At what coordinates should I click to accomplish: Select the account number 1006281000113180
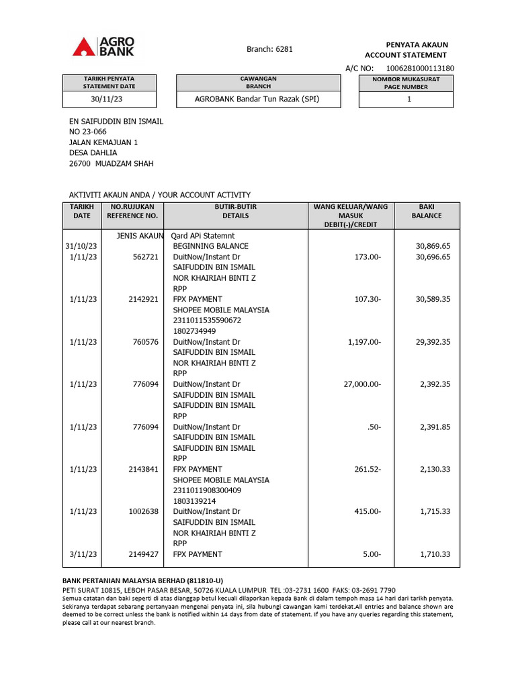click(x=420, y=69)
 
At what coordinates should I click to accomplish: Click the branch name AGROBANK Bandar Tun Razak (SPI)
click(x=257, y=99)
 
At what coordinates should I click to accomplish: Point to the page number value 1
click(x=409, y=99)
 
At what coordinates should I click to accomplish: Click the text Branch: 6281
click(x=270, y=49)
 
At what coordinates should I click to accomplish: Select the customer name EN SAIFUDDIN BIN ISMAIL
click(x=116, y=122)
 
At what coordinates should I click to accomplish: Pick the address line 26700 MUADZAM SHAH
click(x=111, y=163)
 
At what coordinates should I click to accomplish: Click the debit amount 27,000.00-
click(x=361, y=384)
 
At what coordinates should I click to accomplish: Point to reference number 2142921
click(x=143, y=299)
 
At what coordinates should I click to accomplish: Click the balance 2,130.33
click(x=435, y=469)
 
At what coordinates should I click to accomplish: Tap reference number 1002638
click(x=143, y=511)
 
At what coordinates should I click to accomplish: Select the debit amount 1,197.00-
click(x=364, y=342)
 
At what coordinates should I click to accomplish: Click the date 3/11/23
click(x=83, y=554)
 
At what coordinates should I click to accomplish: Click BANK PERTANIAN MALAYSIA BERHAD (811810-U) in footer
click(x=142, y=580)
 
